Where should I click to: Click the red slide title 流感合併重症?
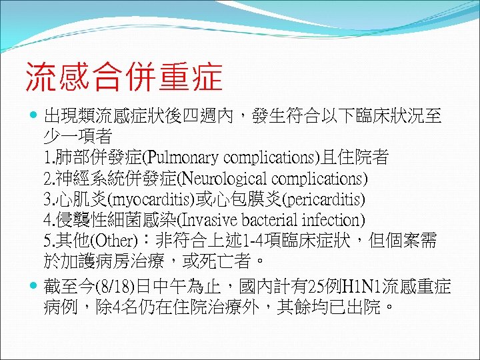124,77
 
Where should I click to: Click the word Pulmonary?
185,159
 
